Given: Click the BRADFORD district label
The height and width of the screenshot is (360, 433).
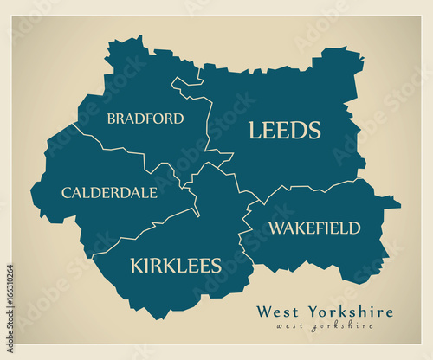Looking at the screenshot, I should point(145,119).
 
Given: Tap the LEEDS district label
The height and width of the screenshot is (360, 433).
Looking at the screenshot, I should point(284,131).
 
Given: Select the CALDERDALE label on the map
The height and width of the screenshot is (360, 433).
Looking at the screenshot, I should point(109,192).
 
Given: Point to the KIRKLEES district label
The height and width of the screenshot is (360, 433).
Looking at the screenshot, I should point(175,265).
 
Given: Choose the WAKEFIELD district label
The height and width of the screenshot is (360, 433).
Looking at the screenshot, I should point(313,228).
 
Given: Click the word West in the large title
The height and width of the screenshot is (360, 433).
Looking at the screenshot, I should point(276,312).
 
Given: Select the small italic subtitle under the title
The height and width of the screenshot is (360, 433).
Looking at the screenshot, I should point(325,326).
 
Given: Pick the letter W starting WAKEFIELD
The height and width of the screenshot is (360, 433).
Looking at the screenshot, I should point(275,228).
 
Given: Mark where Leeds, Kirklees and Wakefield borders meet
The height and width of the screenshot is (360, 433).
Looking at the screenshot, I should point(259,205).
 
